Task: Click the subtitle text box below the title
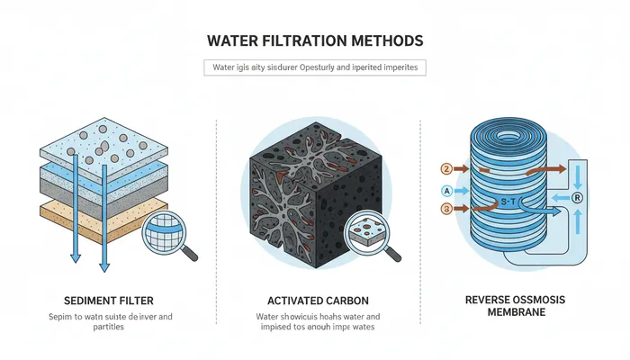point(314,67)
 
